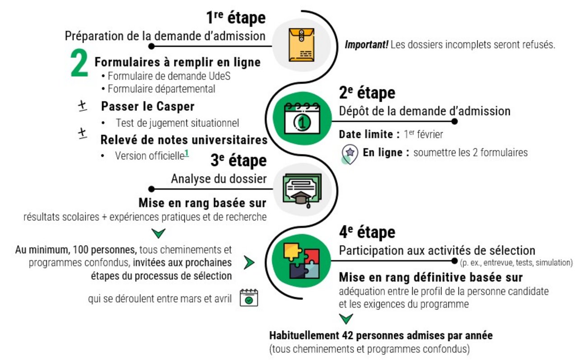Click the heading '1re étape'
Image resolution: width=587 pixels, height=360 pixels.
[236, 18]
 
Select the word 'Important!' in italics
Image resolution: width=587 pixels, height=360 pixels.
[367, 45]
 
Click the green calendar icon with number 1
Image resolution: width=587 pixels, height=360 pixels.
[303, 119]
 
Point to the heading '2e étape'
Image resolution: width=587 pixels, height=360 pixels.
[367, 93]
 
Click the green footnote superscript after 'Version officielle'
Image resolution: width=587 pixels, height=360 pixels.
[186, 154]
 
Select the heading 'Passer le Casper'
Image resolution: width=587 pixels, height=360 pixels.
[148, 106]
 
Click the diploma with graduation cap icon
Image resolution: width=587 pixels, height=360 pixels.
[302, 191]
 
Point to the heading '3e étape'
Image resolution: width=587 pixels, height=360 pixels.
[238, 160]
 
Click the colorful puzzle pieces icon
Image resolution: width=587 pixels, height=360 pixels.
[302, 262]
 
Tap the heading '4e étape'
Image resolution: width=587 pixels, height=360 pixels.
[367, 232]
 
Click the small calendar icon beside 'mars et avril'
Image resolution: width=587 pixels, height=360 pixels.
[248, 298]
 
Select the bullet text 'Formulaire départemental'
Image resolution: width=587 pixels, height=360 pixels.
[161, 89]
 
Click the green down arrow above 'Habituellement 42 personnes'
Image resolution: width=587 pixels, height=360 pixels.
[346, 319]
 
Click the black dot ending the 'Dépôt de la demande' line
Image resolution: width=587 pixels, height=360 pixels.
[455, 121]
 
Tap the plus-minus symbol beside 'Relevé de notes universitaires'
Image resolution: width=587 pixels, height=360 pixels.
[82, 133]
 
